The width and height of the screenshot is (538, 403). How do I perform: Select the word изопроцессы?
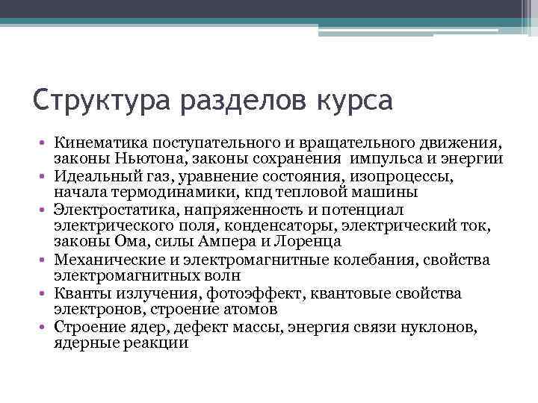(410, 178)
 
